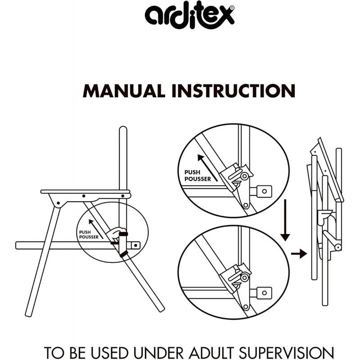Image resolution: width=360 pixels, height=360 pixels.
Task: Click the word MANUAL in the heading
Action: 124,90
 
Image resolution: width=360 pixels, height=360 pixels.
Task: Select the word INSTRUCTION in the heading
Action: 233,90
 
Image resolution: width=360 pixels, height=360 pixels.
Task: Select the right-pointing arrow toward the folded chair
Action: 298,254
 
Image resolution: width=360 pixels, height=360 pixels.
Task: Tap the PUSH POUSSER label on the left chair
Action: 89,234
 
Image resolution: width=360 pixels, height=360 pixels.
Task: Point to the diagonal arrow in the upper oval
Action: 208,166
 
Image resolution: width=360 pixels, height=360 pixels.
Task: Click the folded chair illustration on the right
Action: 325,220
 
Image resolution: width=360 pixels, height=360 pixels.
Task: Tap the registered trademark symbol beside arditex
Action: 232,8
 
